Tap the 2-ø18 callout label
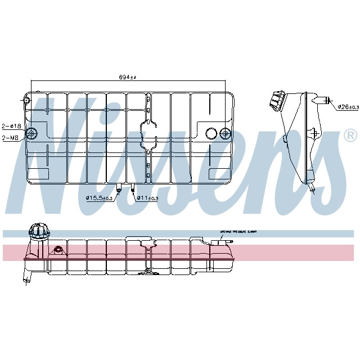[x=11, y=125]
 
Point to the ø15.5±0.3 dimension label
[x=99, y=198]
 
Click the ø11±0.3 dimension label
[x=147, y=198]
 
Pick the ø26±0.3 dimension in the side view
[x=348, y=107]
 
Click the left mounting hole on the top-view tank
[x=32, y=133]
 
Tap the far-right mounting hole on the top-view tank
[x=225, y=133]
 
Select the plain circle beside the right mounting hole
[x=211, y=133]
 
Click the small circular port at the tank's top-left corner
[x=25, y=101]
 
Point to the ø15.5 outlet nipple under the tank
[x=119, y=188]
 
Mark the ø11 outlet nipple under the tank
[x=133, y=188]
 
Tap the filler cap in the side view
[x=277, y=101]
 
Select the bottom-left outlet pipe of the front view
[x=26, y=277]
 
